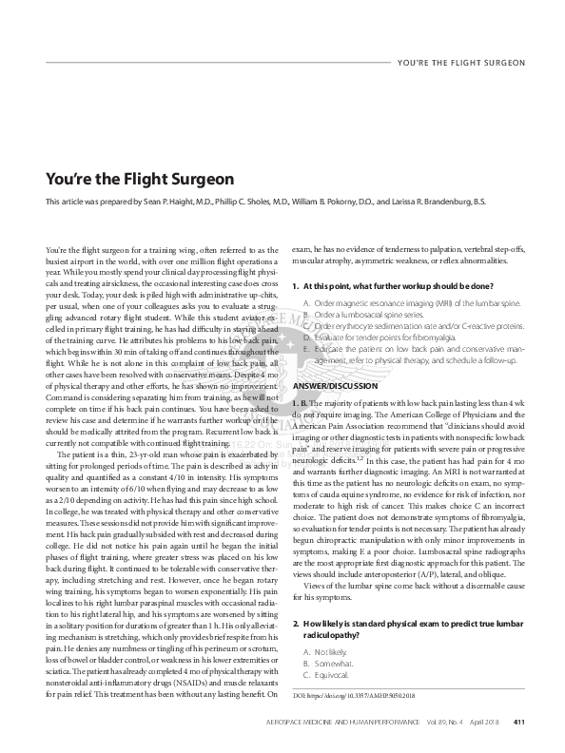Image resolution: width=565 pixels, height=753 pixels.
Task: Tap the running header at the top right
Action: click(459, 63)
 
